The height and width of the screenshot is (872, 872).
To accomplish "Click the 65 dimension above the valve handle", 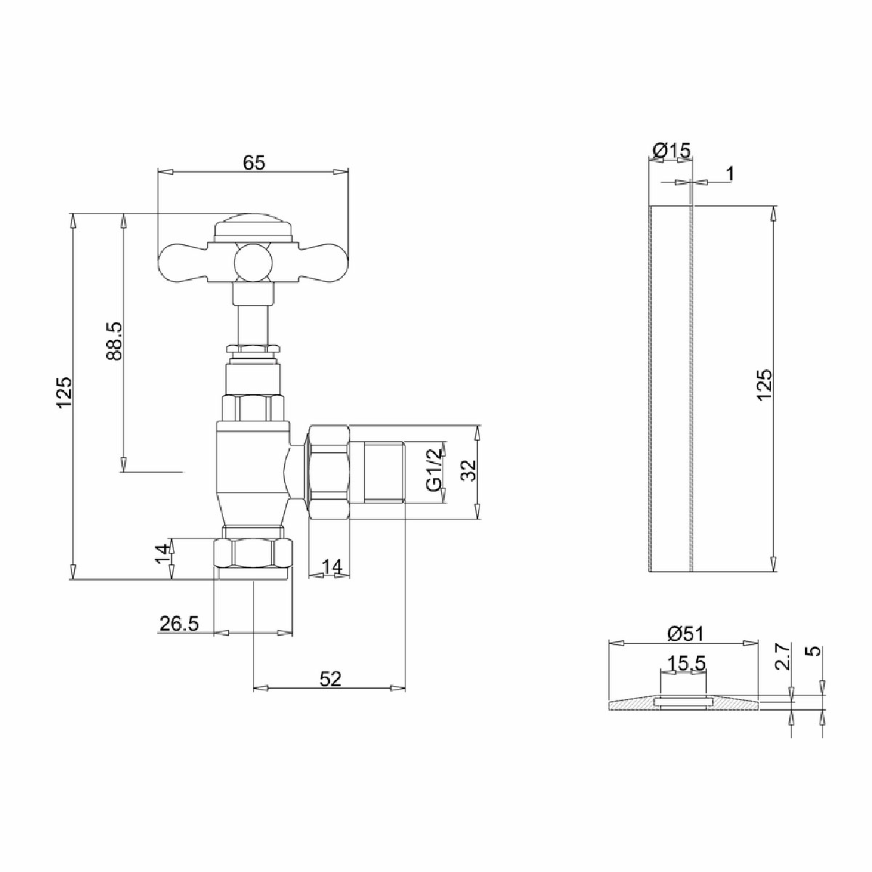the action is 253,163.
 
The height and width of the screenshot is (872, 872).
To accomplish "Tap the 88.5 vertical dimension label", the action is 114,341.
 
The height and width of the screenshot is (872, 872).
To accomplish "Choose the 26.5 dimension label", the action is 179,624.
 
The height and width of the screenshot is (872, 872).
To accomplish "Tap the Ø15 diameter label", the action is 672,150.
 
